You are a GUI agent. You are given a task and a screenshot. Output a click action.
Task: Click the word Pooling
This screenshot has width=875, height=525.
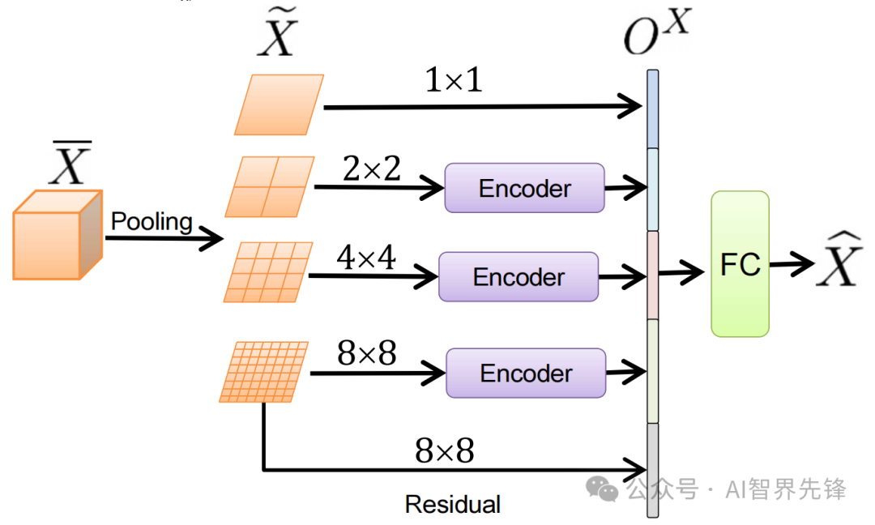(x=152, y=221)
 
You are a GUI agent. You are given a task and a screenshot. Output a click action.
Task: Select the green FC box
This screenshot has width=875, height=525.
(x=740, y=264)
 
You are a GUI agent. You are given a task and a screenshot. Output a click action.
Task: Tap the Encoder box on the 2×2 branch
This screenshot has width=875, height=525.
(x=524, y=188)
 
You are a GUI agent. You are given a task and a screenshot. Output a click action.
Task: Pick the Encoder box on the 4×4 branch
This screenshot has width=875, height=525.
(x=519, y=277)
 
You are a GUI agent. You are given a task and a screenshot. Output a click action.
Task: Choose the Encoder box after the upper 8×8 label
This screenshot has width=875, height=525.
(x=526, y=373)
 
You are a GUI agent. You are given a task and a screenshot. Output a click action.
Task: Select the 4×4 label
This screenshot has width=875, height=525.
(x=365, y=258)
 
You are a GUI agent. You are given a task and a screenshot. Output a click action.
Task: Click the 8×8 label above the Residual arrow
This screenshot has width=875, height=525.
(x=444, y=451)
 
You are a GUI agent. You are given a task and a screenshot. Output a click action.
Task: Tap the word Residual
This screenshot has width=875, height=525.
(x=452, y=504)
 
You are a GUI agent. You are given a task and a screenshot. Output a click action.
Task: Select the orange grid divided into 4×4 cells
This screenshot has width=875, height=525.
(x=268, y=272)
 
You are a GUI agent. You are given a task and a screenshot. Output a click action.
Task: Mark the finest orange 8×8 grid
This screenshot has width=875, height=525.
(x=264, y=372)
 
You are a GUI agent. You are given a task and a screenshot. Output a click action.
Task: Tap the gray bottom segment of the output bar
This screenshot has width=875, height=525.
(x=652, y=470)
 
